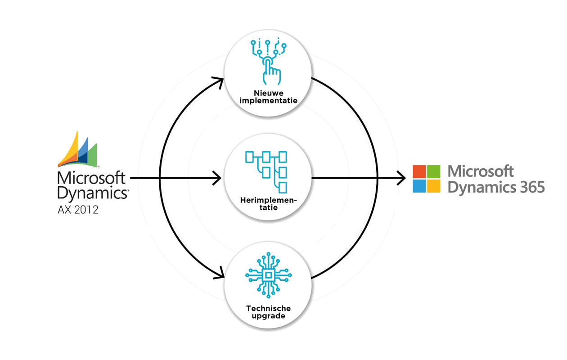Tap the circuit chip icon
point(269,275)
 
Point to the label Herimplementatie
point(268,204)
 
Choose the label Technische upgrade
point(268,312)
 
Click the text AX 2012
point(78,210)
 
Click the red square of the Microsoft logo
point(419,171)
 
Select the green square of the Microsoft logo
point(434,171)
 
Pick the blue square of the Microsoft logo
point(419,186)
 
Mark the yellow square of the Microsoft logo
point(434,186)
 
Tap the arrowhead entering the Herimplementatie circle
point(217,178)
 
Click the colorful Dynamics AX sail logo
point(77,150)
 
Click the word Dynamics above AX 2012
point(92,193)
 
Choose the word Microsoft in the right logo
point(481,171)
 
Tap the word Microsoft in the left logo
point(91,178)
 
